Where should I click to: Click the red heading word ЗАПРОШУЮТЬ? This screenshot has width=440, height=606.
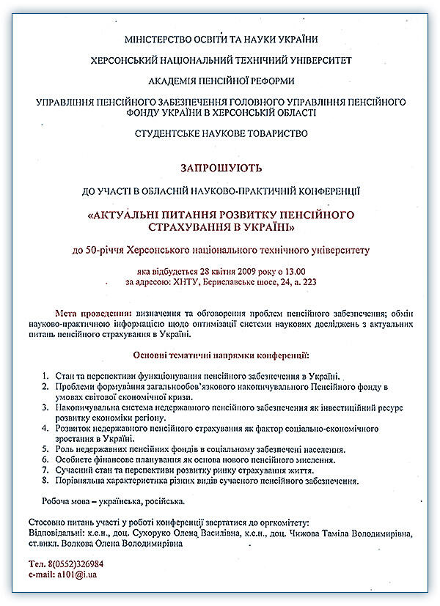point(221,167)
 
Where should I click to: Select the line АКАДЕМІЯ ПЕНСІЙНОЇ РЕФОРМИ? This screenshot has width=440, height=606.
point(220,81)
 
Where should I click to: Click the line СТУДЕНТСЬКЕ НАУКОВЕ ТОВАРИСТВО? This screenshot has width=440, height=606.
point(221,133)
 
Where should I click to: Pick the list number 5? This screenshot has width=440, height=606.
point(45,449)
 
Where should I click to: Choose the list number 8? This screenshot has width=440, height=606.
point(45,481)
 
